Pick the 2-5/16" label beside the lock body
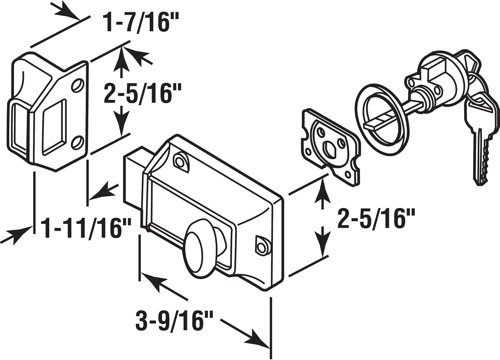[376, 219]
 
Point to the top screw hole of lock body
[180, 160]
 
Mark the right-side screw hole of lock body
[262, 246]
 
